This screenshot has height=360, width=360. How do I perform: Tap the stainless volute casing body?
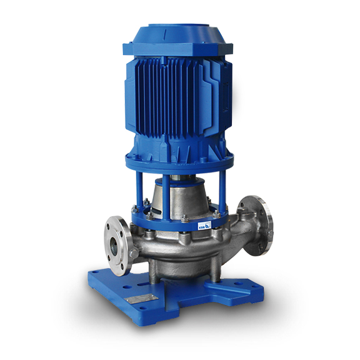[x=181, y=250]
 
